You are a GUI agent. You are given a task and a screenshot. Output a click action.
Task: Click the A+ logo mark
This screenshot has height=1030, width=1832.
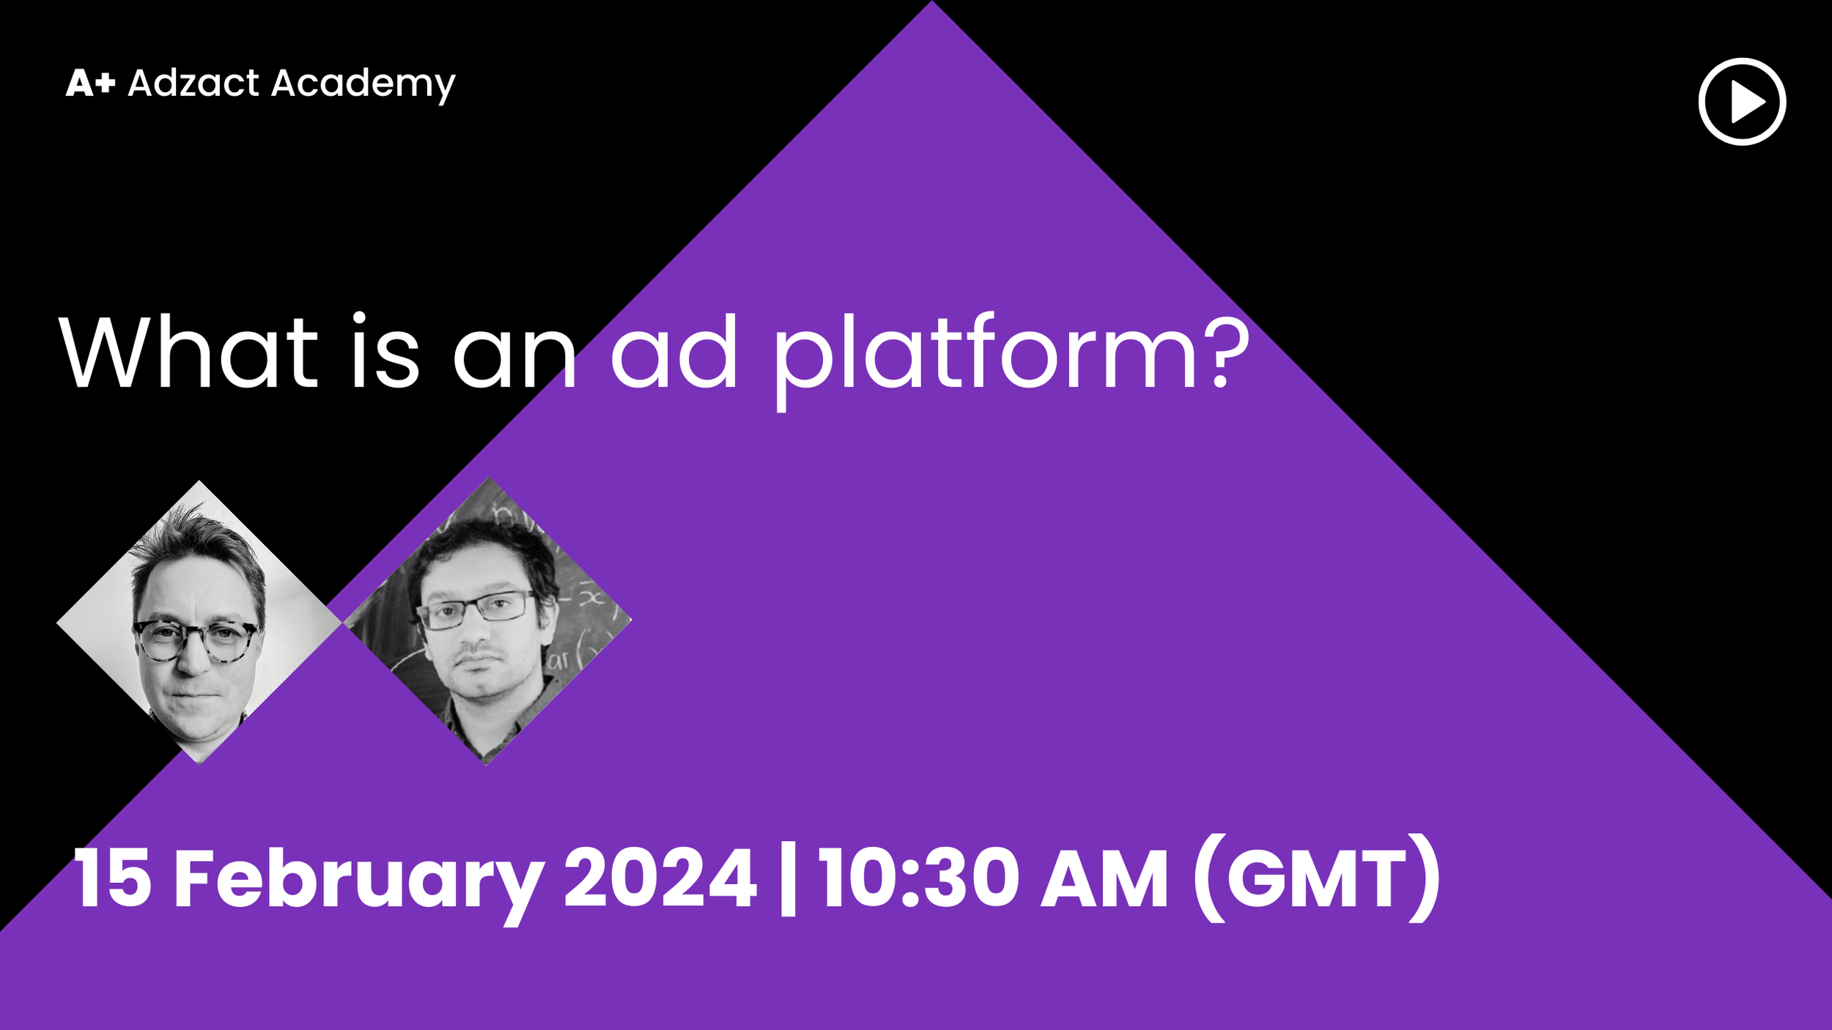click(x=90, y=83)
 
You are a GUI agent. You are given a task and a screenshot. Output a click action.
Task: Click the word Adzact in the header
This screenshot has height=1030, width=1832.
click(x=193, y=83)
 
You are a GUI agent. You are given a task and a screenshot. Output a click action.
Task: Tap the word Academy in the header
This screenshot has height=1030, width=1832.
click(x=363, y=84)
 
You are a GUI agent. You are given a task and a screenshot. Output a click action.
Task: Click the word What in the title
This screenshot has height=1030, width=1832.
click(x=188, y=352)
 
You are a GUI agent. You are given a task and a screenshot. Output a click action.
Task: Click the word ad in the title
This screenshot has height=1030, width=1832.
click(x=673, y=352)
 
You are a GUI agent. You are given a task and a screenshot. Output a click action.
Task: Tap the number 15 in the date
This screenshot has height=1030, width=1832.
click(x=112, y=878)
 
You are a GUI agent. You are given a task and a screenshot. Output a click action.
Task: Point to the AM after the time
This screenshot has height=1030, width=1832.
click(x=1104, y=878)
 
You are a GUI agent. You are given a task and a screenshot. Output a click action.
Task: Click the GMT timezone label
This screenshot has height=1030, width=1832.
click(x=1316, y=878)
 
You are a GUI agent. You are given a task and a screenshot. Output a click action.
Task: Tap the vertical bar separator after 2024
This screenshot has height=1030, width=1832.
click(x=788, y=879)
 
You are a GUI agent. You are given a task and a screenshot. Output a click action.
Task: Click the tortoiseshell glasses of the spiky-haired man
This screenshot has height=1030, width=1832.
click(x=195, y=640)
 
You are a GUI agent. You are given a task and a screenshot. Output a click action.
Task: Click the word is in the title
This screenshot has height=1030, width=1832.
click(x=385, y=352)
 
